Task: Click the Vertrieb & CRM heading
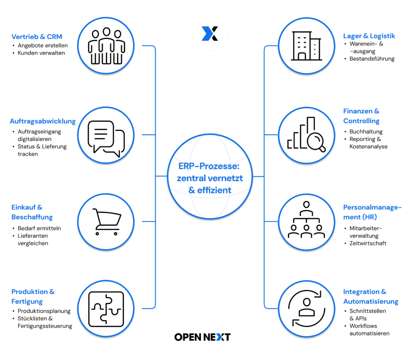click(37, 37)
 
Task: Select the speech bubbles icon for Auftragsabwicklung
click(106, 138)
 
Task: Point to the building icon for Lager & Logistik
click(306, 46)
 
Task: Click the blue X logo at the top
click(210, 33)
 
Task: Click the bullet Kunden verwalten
click(41, 53)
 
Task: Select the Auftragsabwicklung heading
click(43, 121)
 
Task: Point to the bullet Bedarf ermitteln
click(39, 228)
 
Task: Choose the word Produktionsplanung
click(44, 311)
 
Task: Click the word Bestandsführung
click(372, 59)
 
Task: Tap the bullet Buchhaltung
click(366, 132)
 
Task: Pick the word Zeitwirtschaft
click(368, 243)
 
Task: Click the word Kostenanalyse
click(368, 147)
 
